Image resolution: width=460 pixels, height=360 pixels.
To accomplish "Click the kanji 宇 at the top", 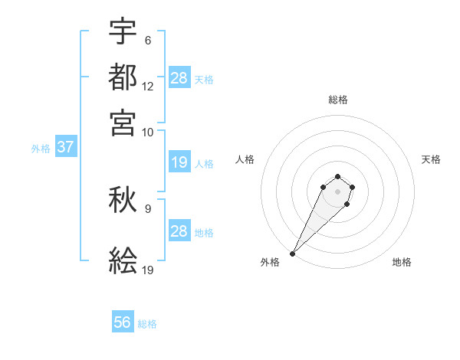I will click(123, 32).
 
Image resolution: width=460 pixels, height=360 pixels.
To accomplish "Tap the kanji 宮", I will click(123, 122).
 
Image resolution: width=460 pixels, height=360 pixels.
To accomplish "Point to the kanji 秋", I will click(123, 201).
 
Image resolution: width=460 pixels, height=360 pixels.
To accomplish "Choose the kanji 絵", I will click(123, 261).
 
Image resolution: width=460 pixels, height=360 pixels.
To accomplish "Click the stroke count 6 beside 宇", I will click(147, 41).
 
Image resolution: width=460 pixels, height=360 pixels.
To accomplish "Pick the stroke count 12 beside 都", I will click(148, 87).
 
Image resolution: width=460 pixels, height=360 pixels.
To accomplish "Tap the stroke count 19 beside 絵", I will click(148, 270).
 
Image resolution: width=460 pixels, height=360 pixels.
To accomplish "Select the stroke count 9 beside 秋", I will click(147, 208).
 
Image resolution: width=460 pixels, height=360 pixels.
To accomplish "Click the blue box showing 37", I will click(65, 147).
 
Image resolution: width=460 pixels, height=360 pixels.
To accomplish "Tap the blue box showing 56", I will click(123, 323).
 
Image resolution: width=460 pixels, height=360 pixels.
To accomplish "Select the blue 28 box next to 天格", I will click(179, 77).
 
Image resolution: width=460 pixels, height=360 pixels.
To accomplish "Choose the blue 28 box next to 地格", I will click(179, 231).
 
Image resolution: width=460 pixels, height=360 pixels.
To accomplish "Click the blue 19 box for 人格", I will click(179, 162).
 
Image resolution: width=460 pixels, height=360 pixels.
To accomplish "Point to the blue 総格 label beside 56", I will click(147, 324).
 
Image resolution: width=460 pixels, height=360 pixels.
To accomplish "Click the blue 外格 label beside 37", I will click(41, 149).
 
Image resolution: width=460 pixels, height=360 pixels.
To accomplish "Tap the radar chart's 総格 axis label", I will click(337, 100).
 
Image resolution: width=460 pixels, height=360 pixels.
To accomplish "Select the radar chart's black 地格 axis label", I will click(402, 262).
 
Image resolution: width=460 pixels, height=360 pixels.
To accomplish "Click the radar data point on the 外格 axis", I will click(293, 253).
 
